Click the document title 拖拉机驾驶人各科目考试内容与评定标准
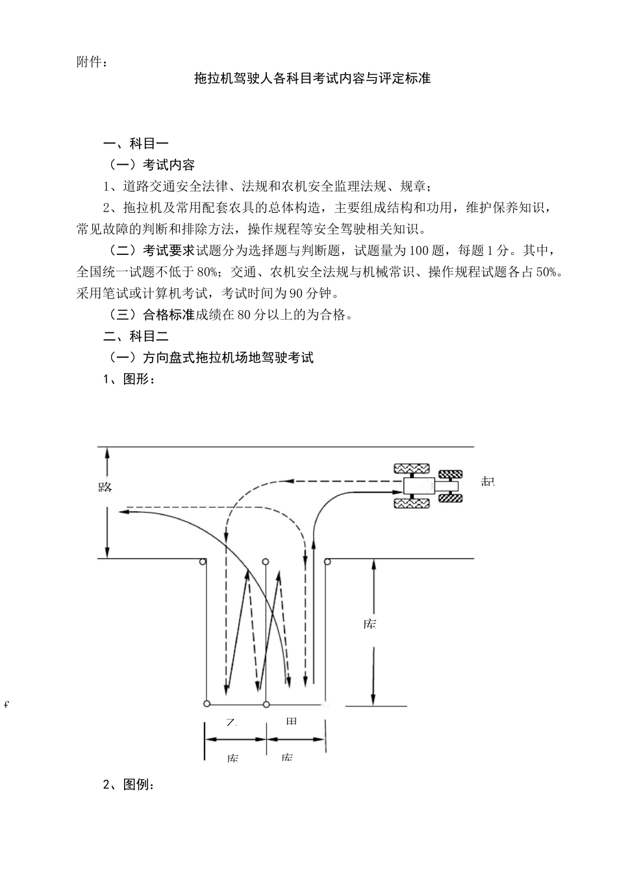[312, 79]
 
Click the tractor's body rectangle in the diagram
[418, 485]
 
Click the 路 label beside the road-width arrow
[105, 486]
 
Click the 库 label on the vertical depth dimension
[370, 624]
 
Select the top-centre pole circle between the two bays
[264, 561]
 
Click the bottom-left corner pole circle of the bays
[207, 703]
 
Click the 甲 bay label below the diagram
[291, 721]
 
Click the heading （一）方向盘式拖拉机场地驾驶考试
[210, 357]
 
